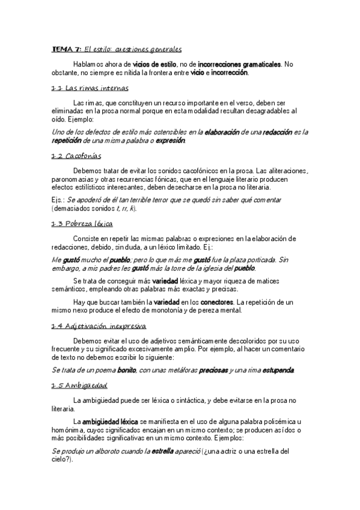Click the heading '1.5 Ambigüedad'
79,385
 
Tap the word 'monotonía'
177,311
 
